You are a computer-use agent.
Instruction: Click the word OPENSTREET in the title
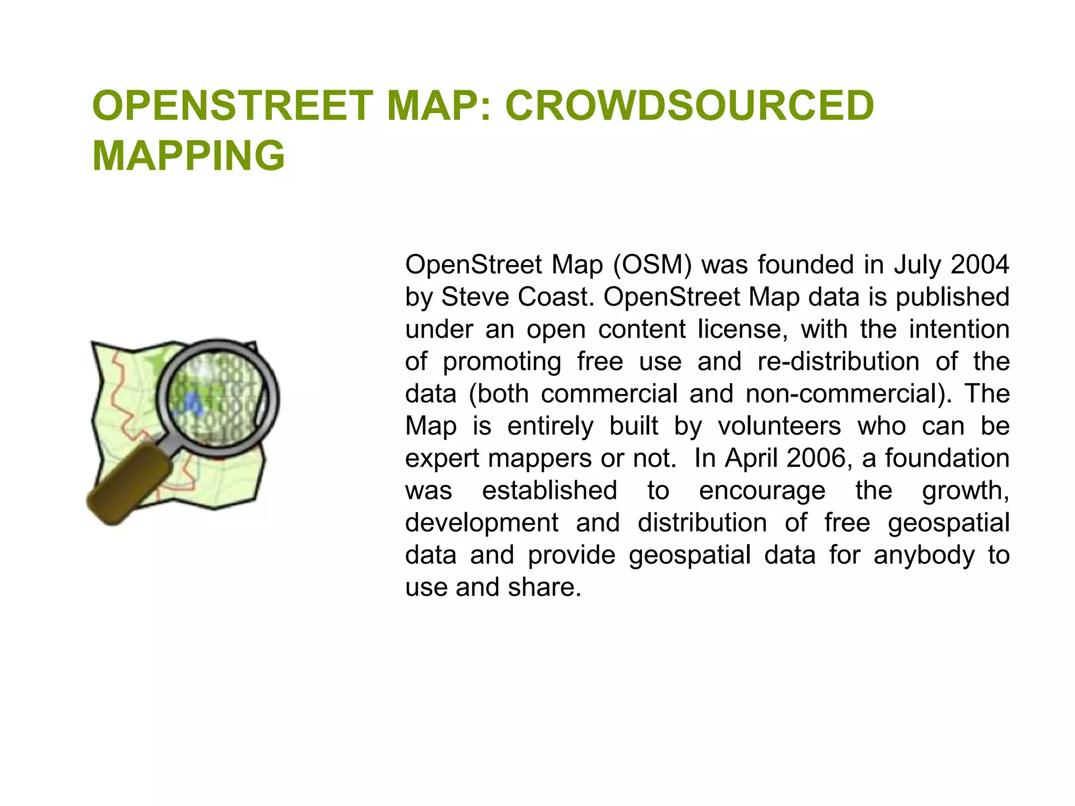pos(233,105)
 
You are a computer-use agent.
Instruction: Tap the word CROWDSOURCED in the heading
pos(689,105)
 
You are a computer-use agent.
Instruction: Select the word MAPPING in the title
pos(188,156)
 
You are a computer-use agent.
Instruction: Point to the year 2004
pos(979,264)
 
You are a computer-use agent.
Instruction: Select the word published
pos(952,297)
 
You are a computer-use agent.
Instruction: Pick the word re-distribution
pos(838,362)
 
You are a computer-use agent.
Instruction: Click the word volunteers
pos(779,426)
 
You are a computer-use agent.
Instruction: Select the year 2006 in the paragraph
pos(816,458)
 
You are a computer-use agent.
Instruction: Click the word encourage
pos(762,491)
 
